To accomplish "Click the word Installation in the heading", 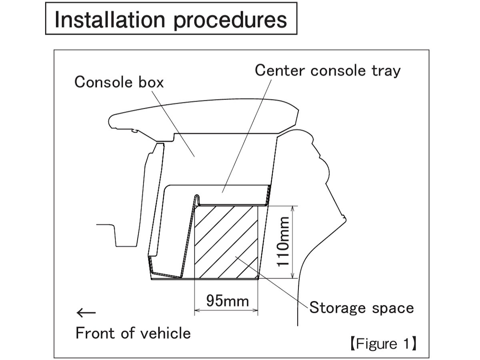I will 109,19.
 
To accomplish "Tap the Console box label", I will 119,82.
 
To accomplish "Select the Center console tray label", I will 328,70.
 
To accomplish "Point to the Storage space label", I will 362,308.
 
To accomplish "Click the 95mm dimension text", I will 227,300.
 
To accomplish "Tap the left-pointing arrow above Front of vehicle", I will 86,312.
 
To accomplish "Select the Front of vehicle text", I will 133,333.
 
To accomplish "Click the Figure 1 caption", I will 383,344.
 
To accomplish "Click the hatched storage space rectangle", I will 226,242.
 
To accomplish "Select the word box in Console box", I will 150,82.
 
